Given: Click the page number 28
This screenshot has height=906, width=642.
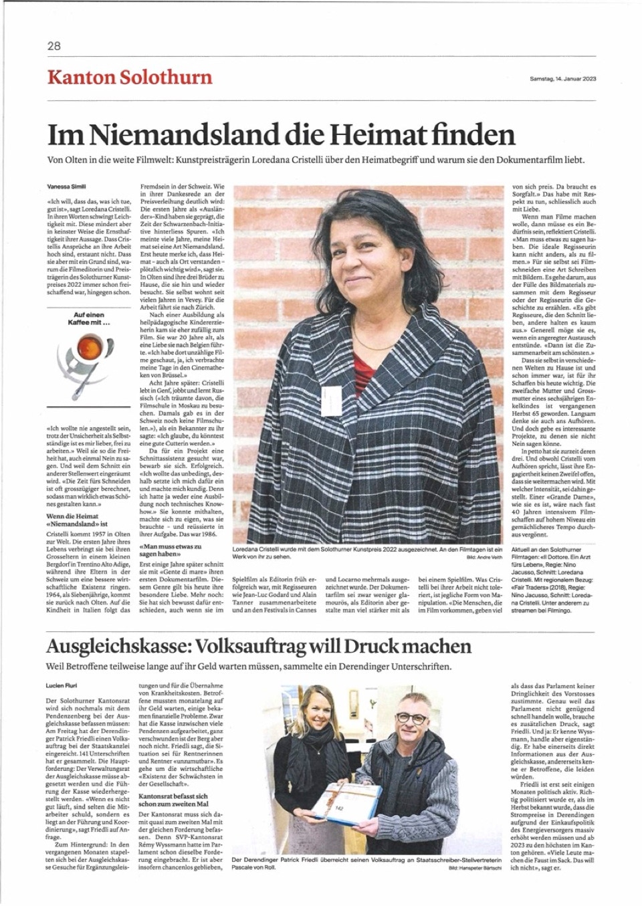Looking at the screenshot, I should (54, 46).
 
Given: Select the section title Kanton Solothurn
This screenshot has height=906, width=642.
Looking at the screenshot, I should (129, 77).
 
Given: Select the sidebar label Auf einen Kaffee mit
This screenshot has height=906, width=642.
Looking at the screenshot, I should (89, 318).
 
